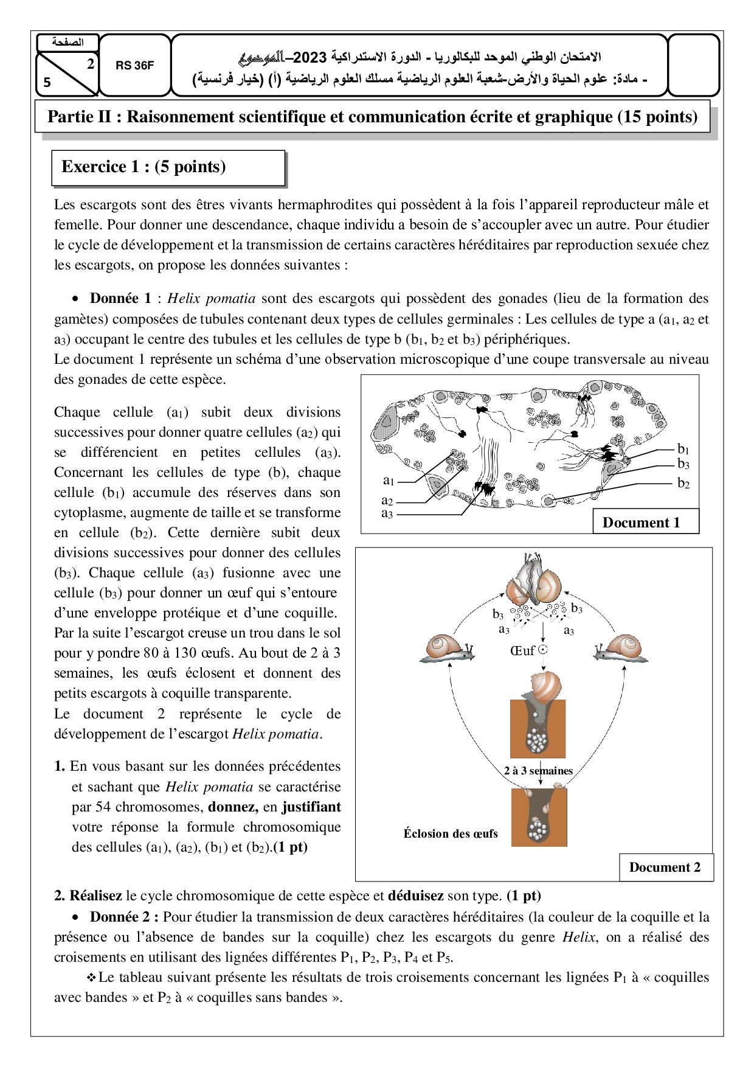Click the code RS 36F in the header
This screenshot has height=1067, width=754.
point(134,66)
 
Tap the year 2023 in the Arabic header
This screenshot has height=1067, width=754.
point(310,57)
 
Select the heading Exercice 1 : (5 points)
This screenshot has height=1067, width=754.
point(144,167)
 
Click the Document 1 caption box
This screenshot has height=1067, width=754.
point(641,523)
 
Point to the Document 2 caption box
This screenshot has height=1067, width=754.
point(665,867)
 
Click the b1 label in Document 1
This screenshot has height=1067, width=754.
point(683,449)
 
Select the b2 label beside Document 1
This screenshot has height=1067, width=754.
point(683,484)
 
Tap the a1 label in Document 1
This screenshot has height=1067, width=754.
point(389,481)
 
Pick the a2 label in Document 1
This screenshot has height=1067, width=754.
point(387,501)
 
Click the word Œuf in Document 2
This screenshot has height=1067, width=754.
point(522,651)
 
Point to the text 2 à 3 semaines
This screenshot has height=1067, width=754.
point(538,771)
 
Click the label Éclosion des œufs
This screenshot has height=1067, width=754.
point(451,833)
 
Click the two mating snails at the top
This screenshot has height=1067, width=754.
point(535,581)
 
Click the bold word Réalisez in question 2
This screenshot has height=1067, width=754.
point(95,895)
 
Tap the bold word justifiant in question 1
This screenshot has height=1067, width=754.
point(311,807)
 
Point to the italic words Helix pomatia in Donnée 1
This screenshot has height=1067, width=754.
point(211,298)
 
